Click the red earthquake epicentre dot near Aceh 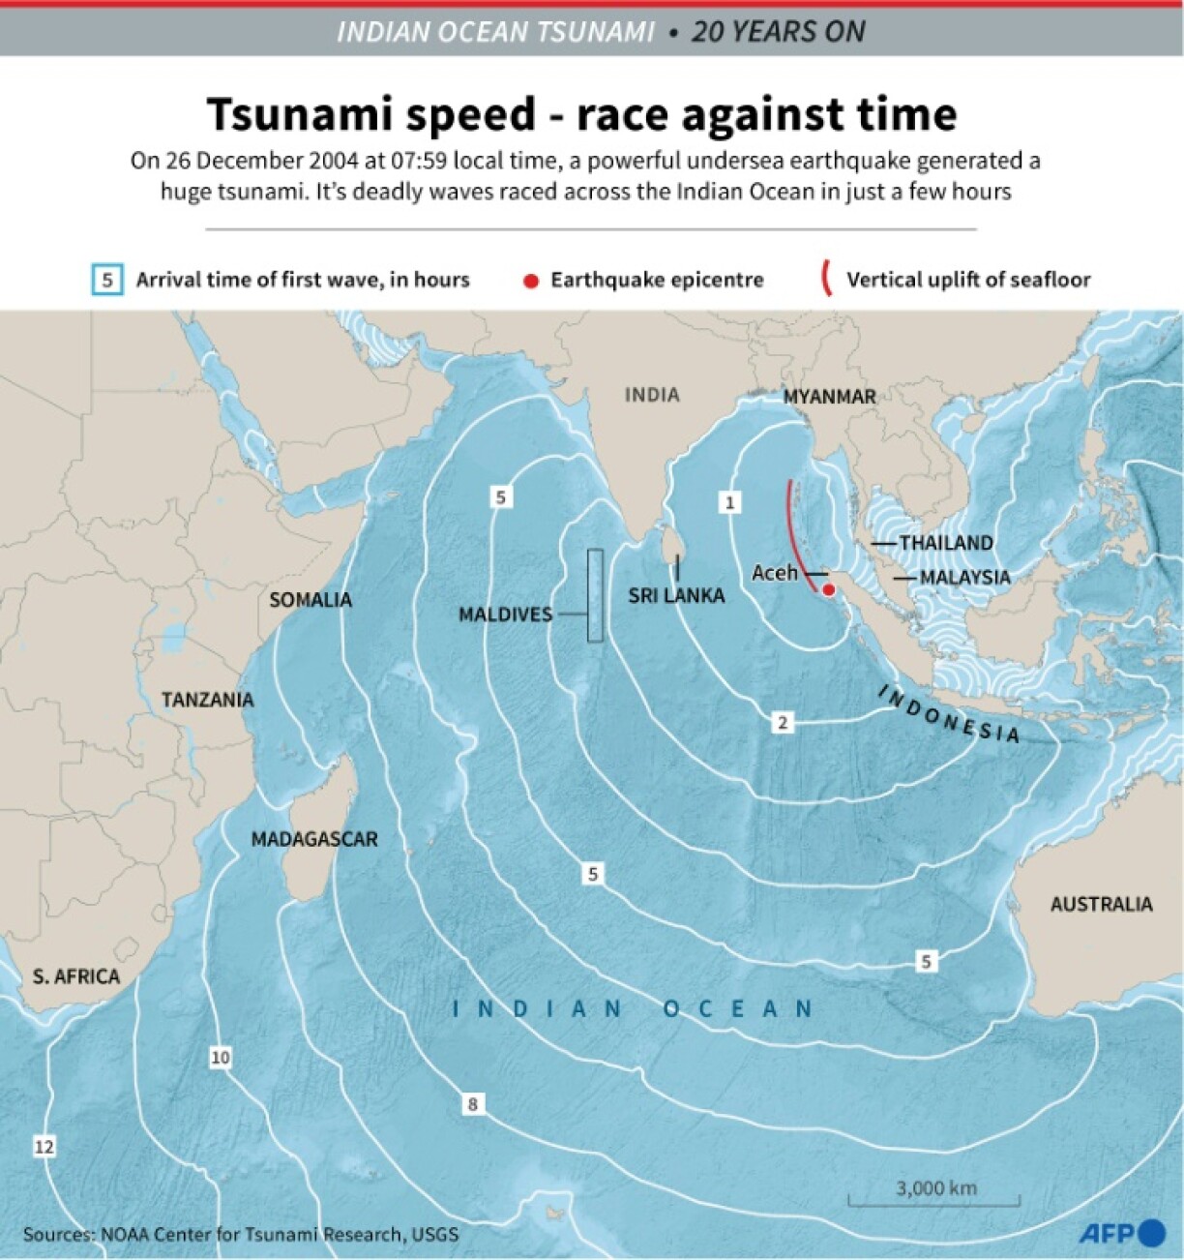click(829, 588)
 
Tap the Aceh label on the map click(775, 573)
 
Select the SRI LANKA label click(676, 595)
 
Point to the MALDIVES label click(505, 614)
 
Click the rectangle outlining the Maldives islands click(595, 595)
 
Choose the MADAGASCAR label click(314, 839)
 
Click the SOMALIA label click(310, 600)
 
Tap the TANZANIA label click(207, 700)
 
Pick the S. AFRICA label click(76, 976)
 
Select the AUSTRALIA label click(1101, 904)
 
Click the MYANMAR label click(829, 396)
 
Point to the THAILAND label click(946, 543)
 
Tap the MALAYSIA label click(964, 578)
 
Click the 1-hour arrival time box click(730, 502)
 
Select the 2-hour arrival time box click(783, 722)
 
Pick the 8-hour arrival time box click(472, 1104)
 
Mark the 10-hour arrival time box click(221, 1058)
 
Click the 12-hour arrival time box click(44, 1147)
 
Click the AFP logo click(1121, 1234)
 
